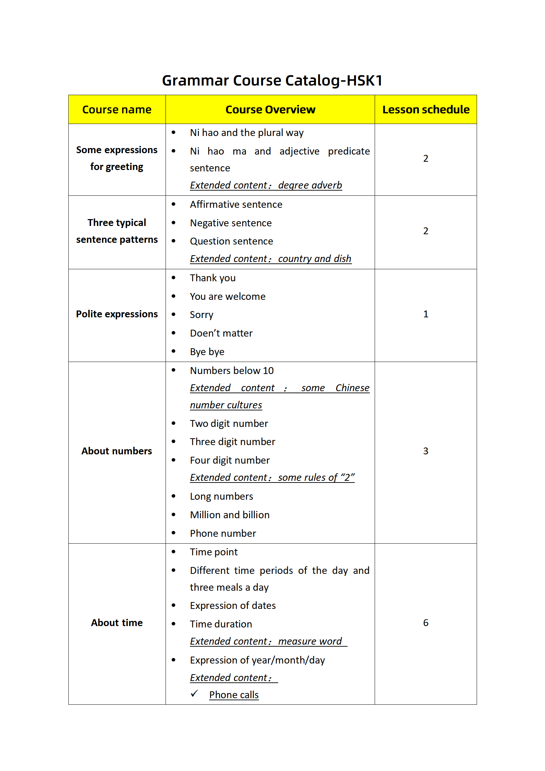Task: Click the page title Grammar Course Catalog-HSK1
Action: [x=272, y=81]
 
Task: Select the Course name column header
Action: [x=117, y=110]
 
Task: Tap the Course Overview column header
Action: [x=270, y=110]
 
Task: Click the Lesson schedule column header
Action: [x=425, y=110]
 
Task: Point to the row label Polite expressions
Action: [x=117, y=314]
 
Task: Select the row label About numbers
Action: [x=117, y=451]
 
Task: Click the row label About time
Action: [x=117, y=623]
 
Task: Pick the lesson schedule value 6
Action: [x=425, y=623]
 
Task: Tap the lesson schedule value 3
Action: [x=425, y=451]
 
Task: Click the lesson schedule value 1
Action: [x=425, y=314]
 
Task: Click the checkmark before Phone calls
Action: [x=194, y=693]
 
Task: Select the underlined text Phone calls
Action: [x=234, y=695]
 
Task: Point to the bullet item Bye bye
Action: [x=207, y=352]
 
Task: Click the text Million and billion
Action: [x=230, y=515]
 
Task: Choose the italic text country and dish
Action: [x=315, y=259]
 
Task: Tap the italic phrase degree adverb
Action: [x=310, y=185]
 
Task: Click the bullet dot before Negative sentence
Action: [x=173, y=223]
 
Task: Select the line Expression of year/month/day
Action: [x=257, y=660]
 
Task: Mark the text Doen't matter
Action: [x=221, y=333]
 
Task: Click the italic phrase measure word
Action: [x=310, y=641]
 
